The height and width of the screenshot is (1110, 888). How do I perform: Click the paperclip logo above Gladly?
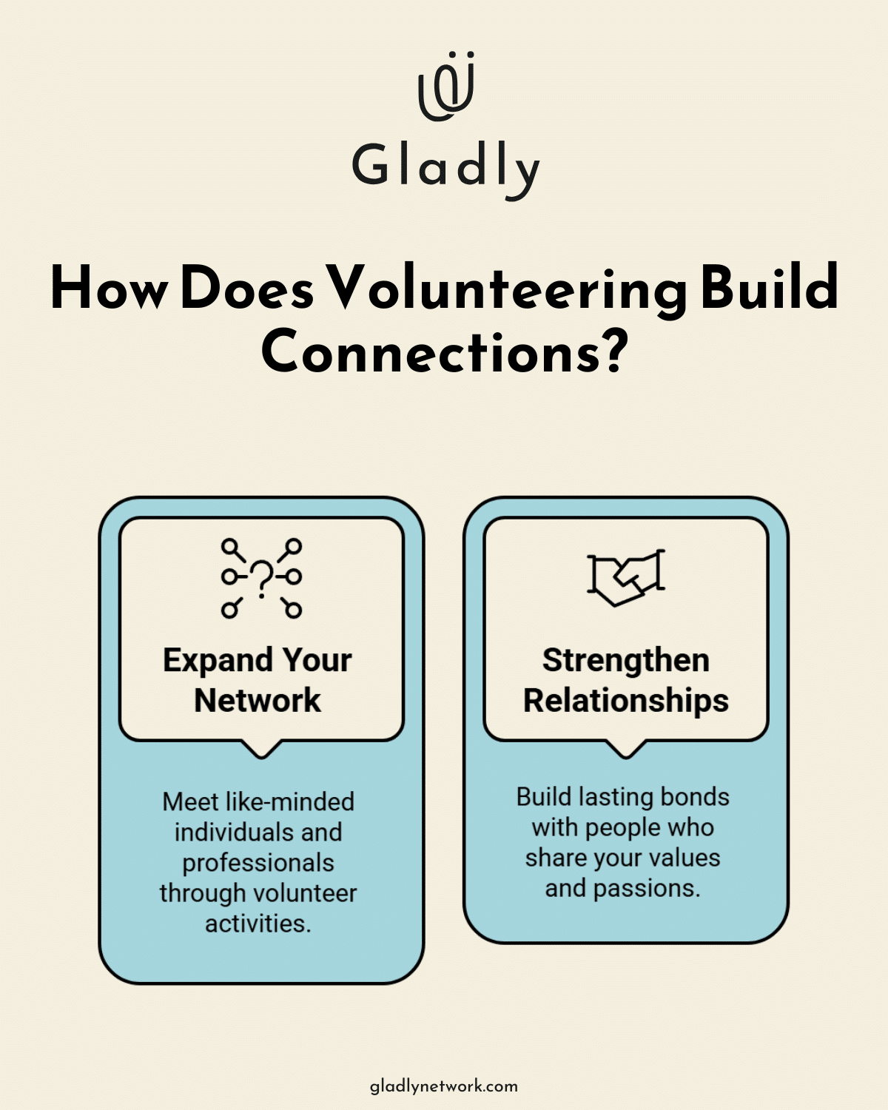tap(445, 86)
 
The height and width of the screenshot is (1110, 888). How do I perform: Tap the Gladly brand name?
tap(445, 167)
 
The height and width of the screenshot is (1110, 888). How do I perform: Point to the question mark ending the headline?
tap(613, 352)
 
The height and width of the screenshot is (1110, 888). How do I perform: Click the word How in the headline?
tap(110, 289)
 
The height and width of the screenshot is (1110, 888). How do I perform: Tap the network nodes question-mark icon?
tap(261, 578)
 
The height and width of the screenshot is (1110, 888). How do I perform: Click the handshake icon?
tap(626, 577)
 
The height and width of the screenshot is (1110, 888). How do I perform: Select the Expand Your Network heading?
tap(258, 679)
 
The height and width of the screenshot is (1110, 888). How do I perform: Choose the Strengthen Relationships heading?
tap(626, 679)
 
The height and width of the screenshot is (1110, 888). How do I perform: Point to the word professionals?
tap(258, 863)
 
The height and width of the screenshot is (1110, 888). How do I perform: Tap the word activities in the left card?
tap(258, 924)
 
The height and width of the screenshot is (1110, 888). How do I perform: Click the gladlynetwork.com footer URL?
tap(444, 1087)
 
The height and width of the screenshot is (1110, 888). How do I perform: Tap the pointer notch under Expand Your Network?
tap(261, 749)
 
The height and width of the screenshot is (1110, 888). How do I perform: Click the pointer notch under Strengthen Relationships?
tap(626, 749)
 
